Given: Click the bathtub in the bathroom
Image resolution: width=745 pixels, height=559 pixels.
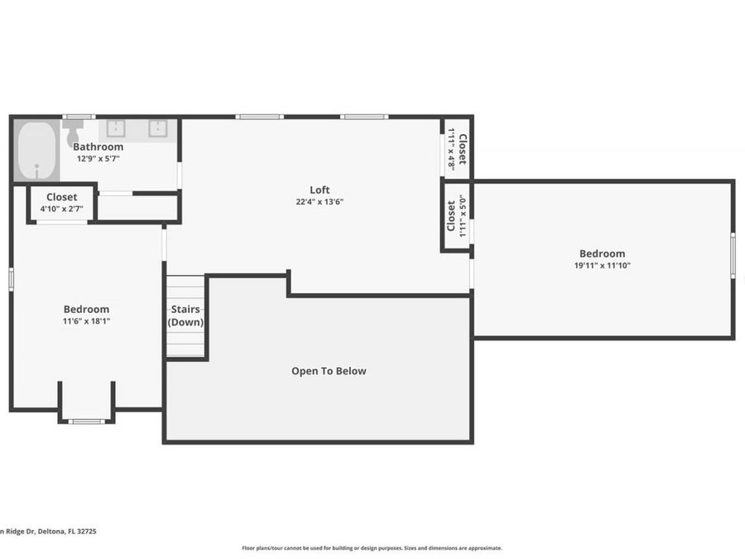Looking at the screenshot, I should tap(36, 151).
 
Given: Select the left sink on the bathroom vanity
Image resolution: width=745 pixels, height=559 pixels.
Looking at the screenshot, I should tap(115, 128).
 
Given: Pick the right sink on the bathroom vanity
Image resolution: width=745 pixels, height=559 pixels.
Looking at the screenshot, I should tap(158, 128).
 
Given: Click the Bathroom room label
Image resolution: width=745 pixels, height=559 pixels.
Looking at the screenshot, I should tap(98, 147).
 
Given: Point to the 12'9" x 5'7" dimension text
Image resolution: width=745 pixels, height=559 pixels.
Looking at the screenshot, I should tap(98, 158).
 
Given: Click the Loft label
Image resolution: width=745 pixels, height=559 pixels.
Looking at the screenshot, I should tap(320, 189).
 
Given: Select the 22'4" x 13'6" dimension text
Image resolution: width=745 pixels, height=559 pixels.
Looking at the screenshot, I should tap(320, 201).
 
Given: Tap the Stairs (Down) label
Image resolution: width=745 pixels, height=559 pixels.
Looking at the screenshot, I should tap(185, 316).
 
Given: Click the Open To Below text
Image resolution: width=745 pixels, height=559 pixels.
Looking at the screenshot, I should tap(329, 371).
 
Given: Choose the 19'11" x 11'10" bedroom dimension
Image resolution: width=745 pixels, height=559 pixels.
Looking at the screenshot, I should tap(602, 266).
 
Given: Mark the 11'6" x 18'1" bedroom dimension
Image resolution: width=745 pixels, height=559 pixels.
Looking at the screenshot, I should tap(86, 321).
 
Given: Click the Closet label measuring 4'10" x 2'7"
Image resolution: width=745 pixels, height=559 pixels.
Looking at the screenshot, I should tap(61, 197).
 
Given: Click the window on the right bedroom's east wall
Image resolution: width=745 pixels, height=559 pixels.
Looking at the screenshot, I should tap(732, 255).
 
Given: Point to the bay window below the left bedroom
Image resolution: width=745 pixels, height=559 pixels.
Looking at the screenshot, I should tap(86, 422).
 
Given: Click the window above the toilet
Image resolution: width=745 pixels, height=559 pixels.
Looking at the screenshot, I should tap(79, 117).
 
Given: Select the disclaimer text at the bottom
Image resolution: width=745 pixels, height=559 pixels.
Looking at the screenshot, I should tap(372, 547).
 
